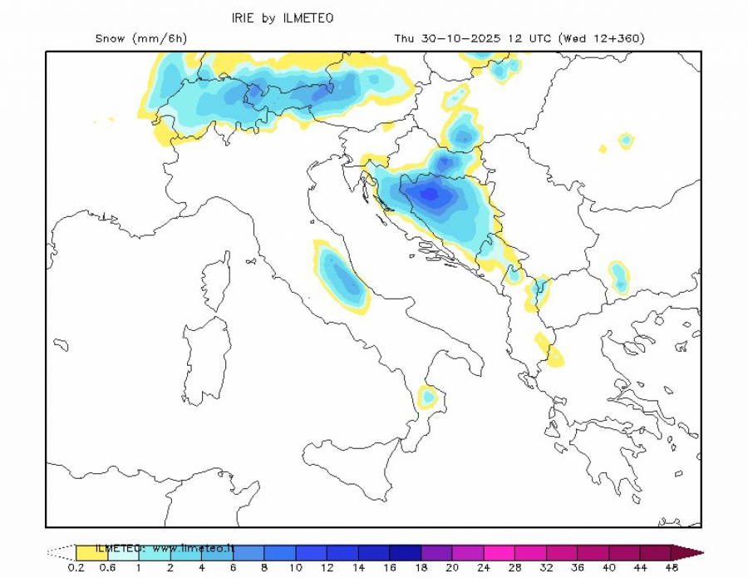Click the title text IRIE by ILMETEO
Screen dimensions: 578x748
click(282, 18)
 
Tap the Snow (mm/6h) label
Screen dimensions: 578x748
click(140, 38)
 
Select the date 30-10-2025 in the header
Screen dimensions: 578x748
click(455, 38)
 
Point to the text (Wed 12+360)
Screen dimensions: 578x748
click(602, 38)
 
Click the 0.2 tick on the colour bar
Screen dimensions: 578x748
click(76, 567)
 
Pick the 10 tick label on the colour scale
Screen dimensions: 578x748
click(295, 567)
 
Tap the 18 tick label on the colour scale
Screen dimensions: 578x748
click(421, 567)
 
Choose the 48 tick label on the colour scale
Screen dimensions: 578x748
click(672, 567)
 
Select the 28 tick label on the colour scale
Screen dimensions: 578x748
click(514, 567)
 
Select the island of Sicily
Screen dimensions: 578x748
click(349, 466)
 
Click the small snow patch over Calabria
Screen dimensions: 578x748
click(428, 397)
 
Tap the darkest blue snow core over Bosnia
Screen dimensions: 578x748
click(431, 194)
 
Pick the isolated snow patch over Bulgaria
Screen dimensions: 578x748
click(618, 277)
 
